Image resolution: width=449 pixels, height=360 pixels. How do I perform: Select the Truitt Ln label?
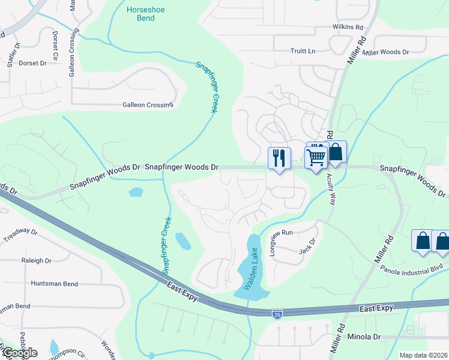pyautogui.click(x=303, y=51)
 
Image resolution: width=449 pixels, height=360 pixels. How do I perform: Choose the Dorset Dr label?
pyautogui.click(x=32, y=63)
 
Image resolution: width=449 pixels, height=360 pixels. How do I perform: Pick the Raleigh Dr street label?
pyautogui.click(x=36, y=261)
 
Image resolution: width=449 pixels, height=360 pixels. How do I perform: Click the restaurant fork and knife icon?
pyautogui.click(x=279, y=158)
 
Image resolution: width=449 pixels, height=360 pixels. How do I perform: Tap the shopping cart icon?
pyautogui.click(x=316, y=157)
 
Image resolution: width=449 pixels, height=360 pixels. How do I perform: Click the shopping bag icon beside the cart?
pyautogui.click(x=336, y=152)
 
